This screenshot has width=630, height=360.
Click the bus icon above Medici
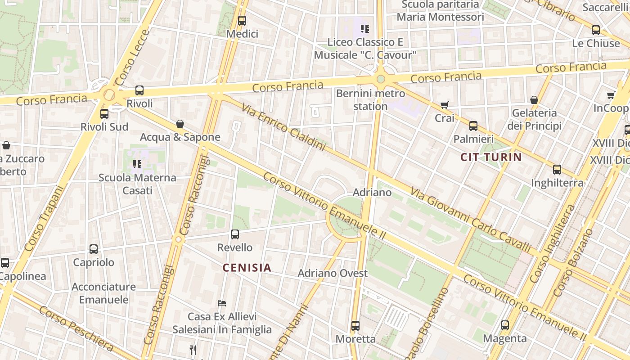click(x=242, y=21)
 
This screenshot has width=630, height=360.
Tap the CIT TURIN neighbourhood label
click(x=491, y=157)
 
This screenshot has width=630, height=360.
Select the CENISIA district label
click(x=247, y=268)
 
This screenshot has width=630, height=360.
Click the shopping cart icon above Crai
click(x=445, y=105)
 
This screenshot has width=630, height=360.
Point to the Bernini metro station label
click(x=370, y=100)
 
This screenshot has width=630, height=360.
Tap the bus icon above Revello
click(x=235, y=234)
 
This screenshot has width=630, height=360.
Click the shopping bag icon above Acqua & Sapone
click(x=180, y=124)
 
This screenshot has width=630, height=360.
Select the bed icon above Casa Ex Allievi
click(x=221, y=303)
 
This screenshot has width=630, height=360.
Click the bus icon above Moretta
click(x=355, y=325)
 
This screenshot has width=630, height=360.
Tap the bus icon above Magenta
click(x=505, y=325)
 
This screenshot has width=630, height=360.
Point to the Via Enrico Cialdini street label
click(x=283, y=127)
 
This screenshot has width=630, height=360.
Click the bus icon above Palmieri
click(x=473, y=126)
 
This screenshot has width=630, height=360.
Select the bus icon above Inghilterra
click(x=557, y=170)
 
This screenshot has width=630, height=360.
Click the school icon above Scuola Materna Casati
click(x=137, y=164)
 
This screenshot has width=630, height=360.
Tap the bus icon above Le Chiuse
click(x=596, y=30)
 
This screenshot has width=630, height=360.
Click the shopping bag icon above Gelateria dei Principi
click(x=534, y=100)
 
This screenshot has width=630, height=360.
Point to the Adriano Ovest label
click(x=333, y=273)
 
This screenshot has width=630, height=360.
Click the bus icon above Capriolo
click(x=94, y=249)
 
